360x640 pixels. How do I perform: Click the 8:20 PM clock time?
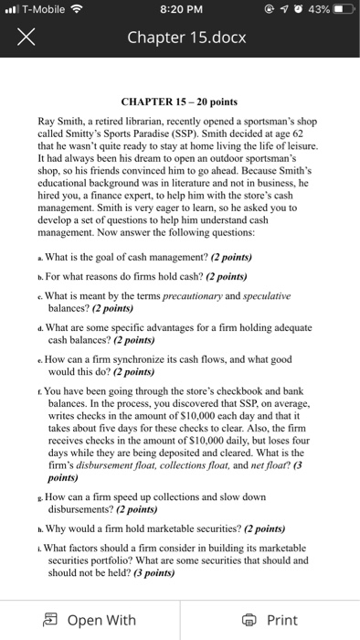coord(179,12)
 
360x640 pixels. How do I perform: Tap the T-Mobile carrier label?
coord(48,12)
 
